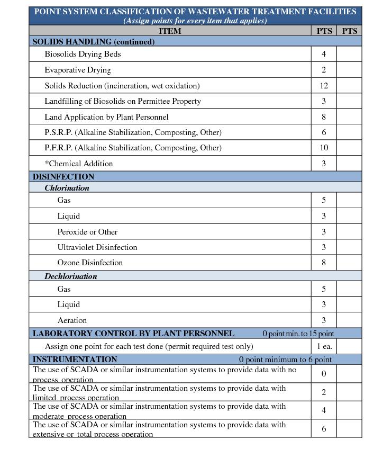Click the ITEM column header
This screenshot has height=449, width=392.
(169, 31)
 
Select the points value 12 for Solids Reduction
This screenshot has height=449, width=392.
(323, 85)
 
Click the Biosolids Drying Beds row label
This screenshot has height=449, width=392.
(83, 54)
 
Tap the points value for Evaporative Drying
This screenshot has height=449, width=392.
(323, 70)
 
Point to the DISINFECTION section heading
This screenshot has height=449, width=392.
(63, 177)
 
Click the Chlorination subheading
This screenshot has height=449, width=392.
(67, 188)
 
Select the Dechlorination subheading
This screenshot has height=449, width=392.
(70, 276)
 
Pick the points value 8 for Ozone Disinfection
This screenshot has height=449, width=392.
(323, 263)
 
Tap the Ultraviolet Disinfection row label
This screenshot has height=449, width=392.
(97, 247)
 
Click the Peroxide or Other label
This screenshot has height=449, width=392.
(87, 232)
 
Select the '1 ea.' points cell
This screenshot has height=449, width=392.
(324, 346)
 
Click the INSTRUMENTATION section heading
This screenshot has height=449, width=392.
(75, 360)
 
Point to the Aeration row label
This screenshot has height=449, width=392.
(72, 320)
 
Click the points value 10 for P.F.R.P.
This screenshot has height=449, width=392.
(323, 148)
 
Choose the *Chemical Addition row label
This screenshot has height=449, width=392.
(79, 164)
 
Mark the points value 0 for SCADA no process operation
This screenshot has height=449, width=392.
(323, 374)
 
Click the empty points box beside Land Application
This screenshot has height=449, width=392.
(349, 117)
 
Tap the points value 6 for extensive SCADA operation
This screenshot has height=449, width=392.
(323, 429)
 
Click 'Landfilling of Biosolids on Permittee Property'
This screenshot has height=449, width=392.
(123, 101)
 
